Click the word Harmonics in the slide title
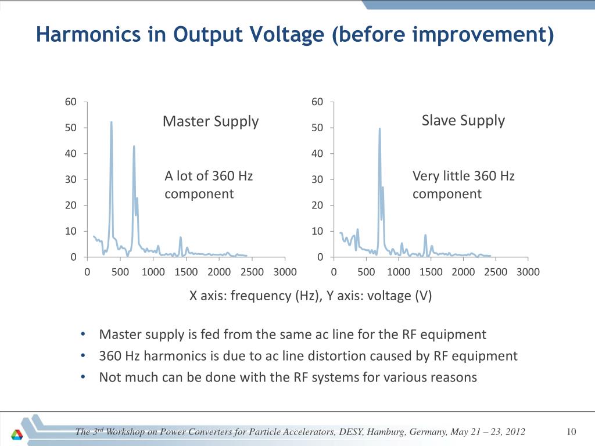[x=88, y=34]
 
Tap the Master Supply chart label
[x=210, y=122]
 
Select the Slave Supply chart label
[x=463, y=121]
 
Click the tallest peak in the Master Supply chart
[x=111, y=122]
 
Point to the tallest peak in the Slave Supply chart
[x=379, y=129]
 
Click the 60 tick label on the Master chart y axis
[x=70, y=102]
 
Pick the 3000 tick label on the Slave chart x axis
[x=528, y=272]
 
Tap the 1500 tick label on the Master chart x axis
[x=186, y=272]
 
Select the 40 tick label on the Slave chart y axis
[x=317, y=153]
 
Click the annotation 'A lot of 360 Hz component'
[x=209, y=185]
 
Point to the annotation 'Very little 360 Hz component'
[x=463, y=185]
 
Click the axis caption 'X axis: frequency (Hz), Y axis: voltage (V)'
[x=310, y=296]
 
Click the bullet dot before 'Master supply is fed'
[x=83, y=334]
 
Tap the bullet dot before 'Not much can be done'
[x=83, y=377]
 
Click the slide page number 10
[x=571, y=431]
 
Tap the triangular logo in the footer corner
[x=17, y=434]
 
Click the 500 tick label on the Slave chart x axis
[x=366, y=272]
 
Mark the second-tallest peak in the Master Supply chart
[x=134, y=146]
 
